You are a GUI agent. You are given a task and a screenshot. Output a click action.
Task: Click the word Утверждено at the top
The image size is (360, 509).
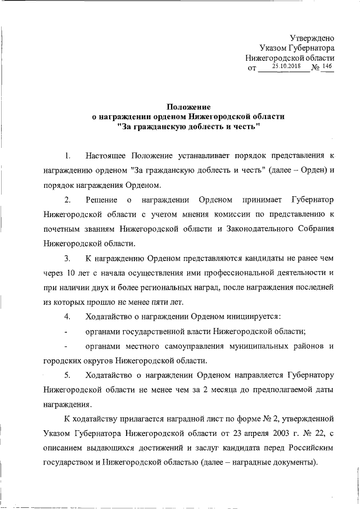pyautogui.click(x=312, y=38)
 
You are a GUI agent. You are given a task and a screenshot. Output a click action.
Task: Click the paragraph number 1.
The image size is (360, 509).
pyautogui.click(x=67, y=155)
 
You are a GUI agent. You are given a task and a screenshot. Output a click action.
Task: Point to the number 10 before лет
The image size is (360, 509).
pyautogui.click(x=71, y=273)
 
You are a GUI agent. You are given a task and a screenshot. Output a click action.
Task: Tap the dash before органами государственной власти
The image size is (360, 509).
pyautogui.click(x=67, y=331)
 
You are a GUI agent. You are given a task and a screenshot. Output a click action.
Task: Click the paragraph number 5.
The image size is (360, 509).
pyautogui.click(x=67, y=375)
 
